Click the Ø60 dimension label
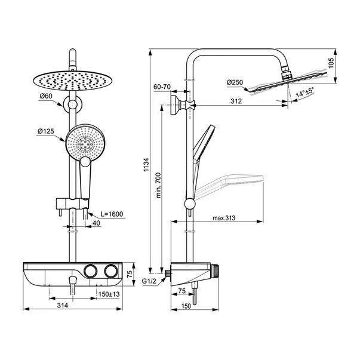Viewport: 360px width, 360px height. pyautogui.click(x=47, y=96)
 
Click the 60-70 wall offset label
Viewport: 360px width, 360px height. pyautogui.click(x=162, y=88)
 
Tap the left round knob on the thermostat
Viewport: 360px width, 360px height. pyautogui.click(x=91, y=272)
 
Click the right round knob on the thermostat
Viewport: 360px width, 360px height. pyautogui.click(x=110, y=272)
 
